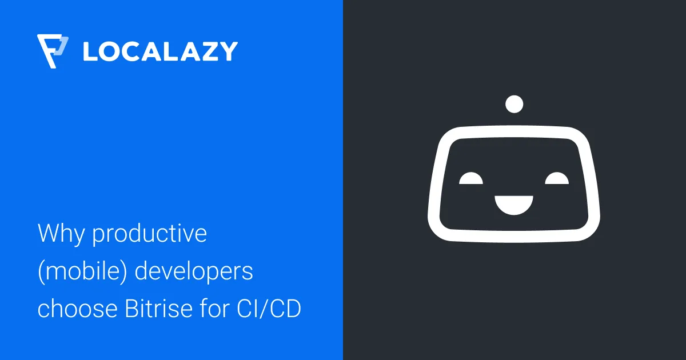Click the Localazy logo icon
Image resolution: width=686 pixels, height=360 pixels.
52,51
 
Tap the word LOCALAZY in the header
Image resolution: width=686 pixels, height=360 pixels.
159,51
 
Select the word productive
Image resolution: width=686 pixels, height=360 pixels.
150,235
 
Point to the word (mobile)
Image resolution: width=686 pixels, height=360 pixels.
81,272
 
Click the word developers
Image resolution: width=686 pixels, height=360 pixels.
194,272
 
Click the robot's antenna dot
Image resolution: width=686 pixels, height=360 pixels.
514,104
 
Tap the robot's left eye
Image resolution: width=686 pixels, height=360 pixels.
471,179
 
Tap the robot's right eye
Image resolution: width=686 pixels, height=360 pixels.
557,179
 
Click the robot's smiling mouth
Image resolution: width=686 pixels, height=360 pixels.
514,204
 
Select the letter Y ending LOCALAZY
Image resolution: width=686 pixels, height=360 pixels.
227,51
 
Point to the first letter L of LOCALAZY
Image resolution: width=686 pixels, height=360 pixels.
90,51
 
